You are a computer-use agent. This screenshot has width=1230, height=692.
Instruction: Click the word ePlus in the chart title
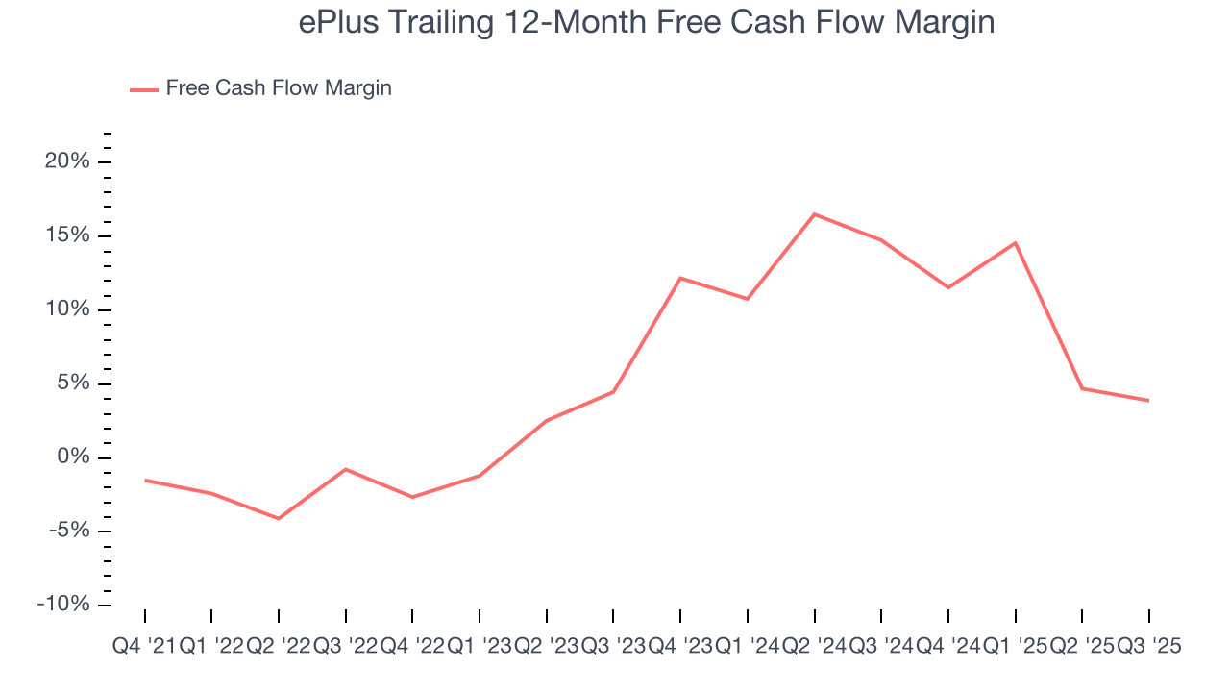(x=333, y=23)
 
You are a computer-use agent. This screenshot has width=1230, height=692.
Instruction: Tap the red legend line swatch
(x=143, y=89)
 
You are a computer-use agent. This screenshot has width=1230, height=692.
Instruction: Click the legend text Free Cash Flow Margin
(x=279, y=88)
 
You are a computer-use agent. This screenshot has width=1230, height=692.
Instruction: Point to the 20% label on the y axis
(x=67, y=161)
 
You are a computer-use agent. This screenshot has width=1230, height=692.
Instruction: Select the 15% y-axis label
(x=67, y=235)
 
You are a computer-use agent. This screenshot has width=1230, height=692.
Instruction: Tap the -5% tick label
(x=67, y=531)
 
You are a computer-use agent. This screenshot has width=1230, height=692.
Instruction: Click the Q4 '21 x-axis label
(x=144, y=647)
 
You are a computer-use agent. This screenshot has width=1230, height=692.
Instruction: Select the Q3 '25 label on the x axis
(x=1148, y=647)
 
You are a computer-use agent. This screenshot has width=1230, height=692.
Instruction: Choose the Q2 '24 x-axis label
(x=814, y=647)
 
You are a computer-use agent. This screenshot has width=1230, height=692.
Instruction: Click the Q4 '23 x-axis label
(x=680, y=647)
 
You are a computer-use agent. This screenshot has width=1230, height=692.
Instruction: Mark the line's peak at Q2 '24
(x=815, y=214)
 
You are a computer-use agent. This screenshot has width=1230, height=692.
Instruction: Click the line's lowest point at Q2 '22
(x=279, y=519)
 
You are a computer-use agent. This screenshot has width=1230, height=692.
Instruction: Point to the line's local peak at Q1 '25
(x=1016, y=242)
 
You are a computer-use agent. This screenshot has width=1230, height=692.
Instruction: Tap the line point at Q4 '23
(x=680, y=278)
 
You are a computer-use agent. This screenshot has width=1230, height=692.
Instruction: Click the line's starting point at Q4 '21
(x=145, y=480)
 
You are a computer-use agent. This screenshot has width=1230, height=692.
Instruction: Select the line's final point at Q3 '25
(x=1148, y=401)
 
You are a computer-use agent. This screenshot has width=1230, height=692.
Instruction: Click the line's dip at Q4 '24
(x=948, y=287)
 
